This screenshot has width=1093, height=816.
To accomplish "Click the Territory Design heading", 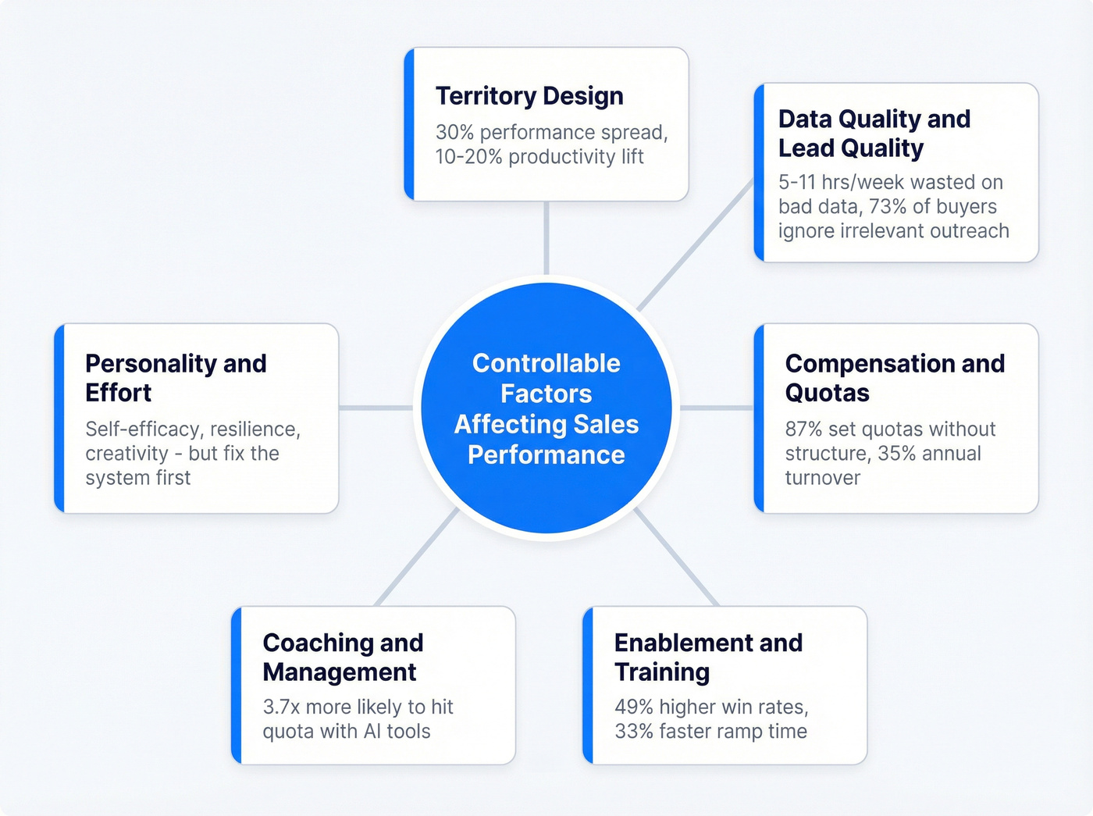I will tap(529, 96).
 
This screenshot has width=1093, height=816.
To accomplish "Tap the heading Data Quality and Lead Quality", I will tap(874, 133).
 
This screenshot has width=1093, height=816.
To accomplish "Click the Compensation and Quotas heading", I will tap(895, 378).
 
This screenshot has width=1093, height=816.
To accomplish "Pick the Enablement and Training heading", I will tap(708, 657).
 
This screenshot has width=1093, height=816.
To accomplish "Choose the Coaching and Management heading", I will tap(343, 657).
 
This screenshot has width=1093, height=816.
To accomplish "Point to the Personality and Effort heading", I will tap(176, 378).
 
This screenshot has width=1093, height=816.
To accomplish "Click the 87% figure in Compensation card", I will tap(803, 429).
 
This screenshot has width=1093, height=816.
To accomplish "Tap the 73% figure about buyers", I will tap(887, 207).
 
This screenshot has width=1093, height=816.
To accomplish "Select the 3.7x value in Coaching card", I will tap(281, 707).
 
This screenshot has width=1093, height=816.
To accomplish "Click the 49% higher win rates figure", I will tap(633, 707).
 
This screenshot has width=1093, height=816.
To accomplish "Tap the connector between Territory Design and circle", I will tap(546, 238).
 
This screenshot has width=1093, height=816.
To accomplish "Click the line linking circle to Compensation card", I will tap(717, 408).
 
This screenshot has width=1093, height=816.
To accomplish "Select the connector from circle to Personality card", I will tap(376, 408).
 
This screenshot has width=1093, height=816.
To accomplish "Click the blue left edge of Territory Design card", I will tap(409, 124).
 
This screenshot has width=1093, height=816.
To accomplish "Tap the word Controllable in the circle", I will tap(546, 363).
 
